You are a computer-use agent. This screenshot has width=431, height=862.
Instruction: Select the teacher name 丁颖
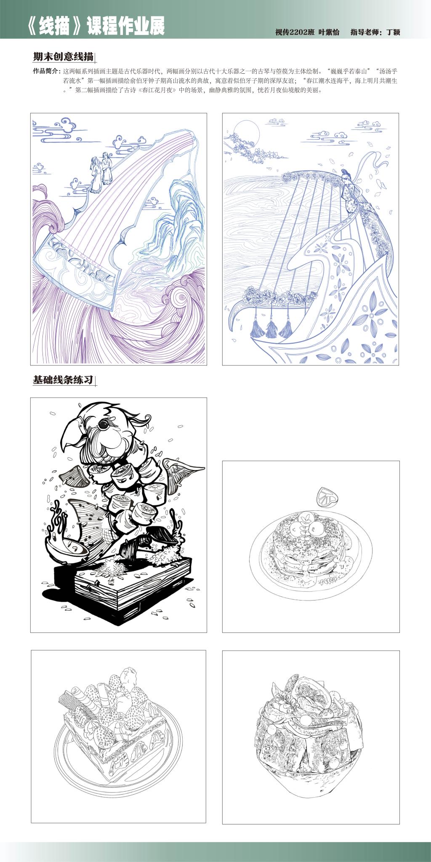(x=393, y=32)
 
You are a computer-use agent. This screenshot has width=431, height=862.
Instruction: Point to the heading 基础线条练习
(x=63, y=380)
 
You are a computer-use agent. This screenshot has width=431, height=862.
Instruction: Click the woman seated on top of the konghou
(x=351, y=192)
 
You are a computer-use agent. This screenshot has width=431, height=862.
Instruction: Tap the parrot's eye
(x=103, y=424)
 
